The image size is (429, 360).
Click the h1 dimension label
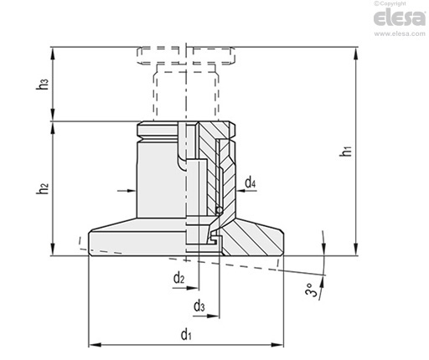(x=346, y=151)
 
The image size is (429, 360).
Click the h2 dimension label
(x=43, y=188)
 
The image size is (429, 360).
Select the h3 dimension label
(x=43, y=85)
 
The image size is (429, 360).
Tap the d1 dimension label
(x=186, y=335)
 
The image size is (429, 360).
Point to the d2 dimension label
(x=179, y=278)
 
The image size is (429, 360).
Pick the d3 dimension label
(x=199, y=306)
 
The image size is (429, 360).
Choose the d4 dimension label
(x=251, y=183)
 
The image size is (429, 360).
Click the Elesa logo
(x=400, y=18)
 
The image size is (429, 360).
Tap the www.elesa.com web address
(x=400, y=33)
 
